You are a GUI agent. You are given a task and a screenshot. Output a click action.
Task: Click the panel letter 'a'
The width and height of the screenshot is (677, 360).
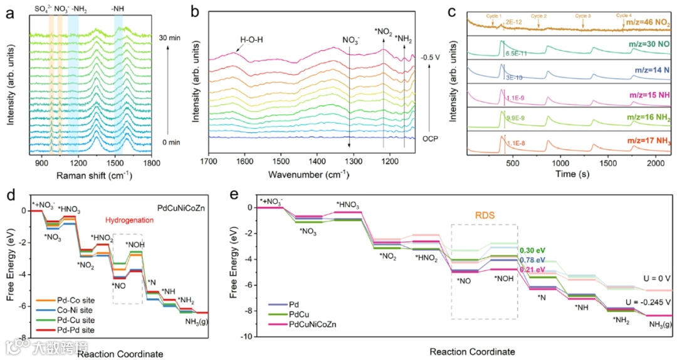coord(9,11)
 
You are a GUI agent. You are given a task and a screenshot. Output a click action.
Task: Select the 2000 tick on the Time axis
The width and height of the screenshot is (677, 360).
coord(652,162)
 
